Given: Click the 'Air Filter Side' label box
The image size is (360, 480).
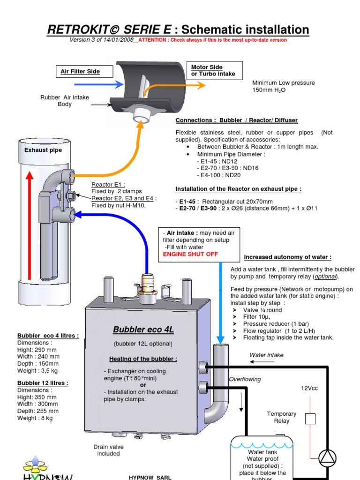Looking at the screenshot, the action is [x=84, y=71].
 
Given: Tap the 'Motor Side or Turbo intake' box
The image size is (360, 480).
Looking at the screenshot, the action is [x=215, y=70].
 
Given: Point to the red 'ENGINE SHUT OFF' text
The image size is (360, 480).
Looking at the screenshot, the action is [x=190, y=254].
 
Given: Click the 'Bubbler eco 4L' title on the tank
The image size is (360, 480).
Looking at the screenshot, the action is [x=143, y=330].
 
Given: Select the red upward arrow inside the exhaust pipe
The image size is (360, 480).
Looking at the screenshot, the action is [x=30, y=225].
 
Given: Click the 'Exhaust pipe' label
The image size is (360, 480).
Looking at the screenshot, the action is [x=43, y=150].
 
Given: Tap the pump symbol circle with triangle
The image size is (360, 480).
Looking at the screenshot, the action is [x=328, y=458].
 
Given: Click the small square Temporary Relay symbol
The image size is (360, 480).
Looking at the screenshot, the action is [x=310, y=419].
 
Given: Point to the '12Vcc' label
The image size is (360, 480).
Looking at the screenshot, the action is [x=309, y=388].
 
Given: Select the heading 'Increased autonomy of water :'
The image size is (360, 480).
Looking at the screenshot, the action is [x=287, y=257].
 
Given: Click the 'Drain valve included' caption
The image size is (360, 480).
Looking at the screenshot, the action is [x=108, y=450].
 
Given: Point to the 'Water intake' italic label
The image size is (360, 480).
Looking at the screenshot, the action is [x=266, y=355].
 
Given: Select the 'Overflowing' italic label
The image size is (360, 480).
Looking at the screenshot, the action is [x=245, y=379].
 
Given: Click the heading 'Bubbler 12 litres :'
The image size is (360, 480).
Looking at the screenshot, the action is [x=43, y=383].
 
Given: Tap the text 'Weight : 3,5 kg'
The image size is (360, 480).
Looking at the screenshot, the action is [x=37, y=371].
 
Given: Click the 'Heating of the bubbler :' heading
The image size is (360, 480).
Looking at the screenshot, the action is [x=143, y=359].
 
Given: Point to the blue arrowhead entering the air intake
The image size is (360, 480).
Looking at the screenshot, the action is [x=119, y=84].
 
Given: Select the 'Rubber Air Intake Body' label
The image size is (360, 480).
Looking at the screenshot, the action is [x=65, y=101].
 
